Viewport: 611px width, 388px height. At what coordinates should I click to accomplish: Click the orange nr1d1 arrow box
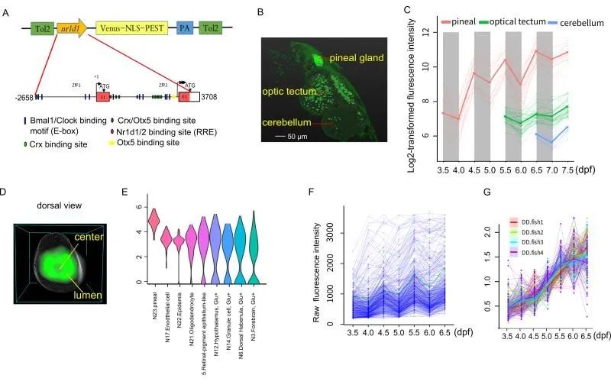[x=70, y=30]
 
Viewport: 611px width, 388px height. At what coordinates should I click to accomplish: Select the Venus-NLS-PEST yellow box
[x=132, y=30]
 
